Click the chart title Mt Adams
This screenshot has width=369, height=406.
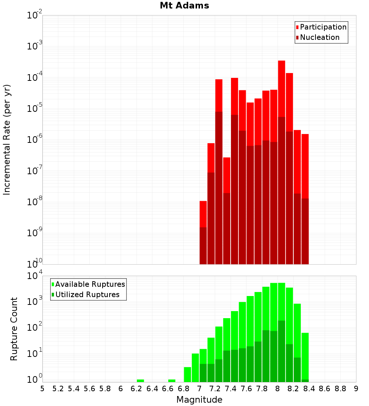[184, 6]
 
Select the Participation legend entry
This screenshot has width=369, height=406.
[323, 27]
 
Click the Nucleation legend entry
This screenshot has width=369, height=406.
[320, 37]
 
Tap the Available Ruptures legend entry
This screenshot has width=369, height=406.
[90, 284]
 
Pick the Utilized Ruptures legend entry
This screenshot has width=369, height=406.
[87, 295]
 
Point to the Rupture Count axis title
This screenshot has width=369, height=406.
[14, 328]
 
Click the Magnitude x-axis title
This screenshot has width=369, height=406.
[199, 399]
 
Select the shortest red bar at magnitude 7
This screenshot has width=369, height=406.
[203, 214]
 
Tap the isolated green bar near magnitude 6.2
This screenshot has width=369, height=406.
[140, 381]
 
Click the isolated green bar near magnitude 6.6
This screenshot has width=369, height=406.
[172, 381]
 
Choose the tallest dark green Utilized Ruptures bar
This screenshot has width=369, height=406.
[282, 351]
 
